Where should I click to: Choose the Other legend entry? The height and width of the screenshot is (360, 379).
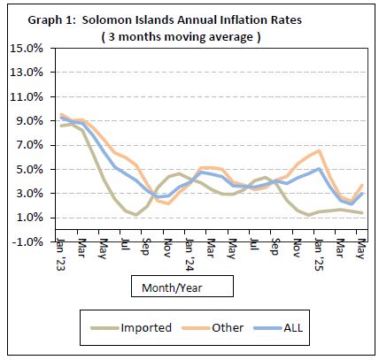(226, 327)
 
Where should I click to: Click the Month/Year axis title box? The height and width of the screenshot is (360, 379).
(182, 287)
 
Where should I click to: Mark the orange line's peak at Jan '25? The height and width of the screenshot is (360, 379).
(318, 150)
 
